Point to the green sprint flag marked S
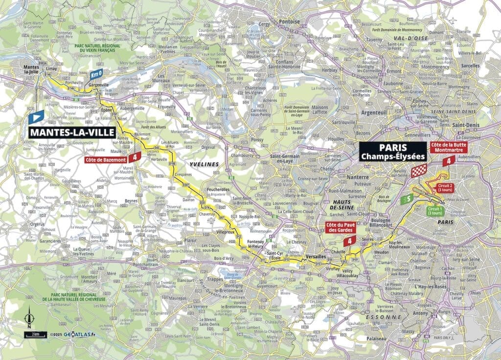(407, 199)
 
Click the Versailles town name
(316, 256)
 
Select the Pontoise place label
(288, 22)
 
